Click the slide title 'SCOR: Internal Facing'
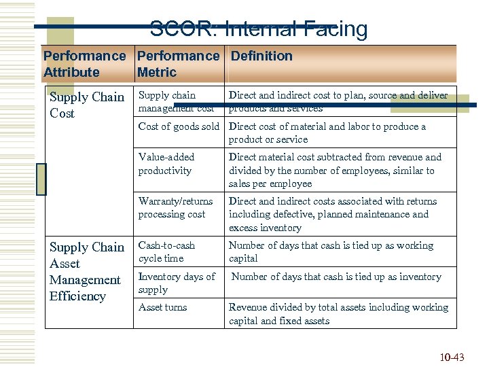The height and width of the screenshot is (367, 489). (x=258, y=29)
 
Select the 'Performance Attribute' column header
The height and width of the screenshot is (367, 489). (x=84, y=64)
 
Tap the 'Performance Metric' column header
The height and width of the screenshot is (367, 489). (x=178, y=64)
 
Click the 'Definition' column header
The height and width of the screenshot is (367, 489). (x=261, y=56)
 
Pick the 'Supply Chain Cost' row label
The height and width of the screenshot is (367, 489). (x=87, y=105)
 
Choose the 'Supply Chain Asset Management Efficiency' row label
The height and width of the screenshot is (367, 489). (x=87, y=271)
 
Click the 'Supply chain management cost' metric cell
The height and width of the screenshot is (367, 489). (x=176, y=102)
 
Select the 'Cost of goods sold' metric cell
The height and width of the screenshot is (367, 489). (x=179, y=126)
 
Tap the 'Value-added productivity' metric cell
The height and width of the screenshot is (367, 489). (x=166, y=164)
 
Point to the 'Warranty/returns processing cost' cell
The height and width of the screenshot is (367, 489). (x=175, y=208)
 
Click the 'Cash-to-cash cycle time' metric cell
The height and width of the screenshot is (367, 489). (x=166, y=252)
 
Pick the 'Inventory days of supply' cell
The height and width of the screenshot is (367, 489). (x=177, y=283)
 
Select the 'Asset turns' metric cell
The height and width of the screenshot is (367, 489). (x=162, y=307)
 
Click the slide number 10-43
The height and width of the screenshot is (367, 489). (x=452, y=357)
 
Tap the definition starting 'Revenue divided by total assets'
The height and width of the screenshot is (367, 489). (x=338, y=314)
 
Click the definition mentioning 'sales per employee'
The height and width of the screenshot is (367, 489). (x=335, y=170)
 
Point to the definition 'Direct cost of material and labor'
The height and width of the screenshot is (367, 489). (x=327, y=133)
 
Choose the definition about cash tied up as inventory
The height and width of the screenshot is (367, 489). (x=336, y=277)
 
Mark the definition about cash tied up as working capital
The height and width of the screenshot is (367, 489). (x=331, y=252)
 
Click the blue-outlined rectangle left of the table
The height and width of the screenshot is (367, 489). (x=41, y=179)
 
